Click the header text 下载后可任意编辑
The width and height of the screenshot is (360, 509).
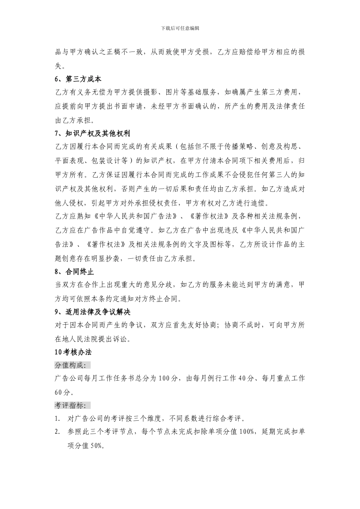tap(180, 28)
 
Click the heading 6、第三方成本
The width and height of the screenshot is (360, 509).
tap(78, 79)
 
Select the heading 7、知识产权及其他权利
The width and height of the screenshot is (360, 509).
tap(92, 134)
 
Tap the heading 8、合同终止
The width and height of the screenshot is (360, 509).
tap(74, 272)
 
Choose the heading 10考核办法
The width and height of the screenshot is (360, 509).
tap(73, 352)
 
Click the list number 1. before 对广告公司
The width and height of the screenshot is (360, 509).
tap(57, 419)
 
